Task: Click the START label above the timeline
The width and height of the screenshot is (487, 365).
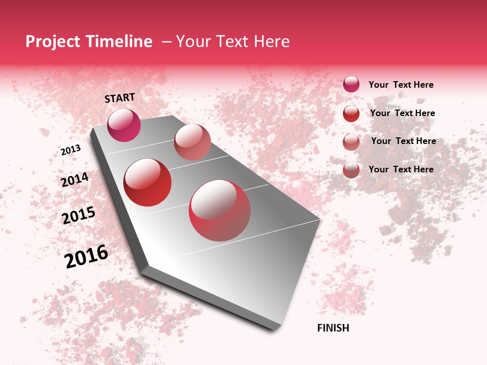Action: click(120, 98)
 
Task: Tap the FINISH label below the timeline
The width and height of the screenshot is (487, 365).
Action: click(333, 328)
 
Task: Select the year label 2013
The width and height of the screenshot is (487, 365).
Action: click(71, 150)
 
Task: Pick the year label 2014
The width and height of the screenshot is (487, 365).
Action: click(75, 179)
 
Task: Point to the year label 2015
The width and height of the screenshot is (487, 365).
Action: click(79, 215)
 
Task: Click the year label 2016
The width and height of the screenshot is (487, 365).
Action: click(86, 256)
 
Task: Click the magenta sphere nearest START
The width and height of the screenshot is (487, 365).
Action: click(124, 125)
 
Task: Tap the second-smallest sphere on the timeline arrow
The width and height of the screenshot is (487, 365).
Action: click(192, 142)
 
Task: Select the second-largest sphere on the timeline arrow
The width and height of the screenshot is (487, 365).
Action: click(148, 182)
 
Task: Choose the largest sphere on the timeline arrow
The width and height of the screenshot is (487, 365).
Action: click(220, 210)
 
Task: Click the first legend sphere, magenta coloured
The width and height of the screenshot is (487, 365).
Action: click(351, 84)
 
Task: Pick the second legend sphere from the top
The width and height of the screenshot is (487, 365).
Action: click(351, 114)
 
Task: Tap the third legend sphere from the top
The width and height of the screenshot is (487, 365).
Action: click(351, 142)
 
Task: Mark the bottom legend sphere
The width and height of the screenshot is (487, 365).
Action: click(351, 170)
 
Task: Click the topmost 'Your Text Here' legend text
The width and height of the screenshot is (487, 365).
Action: click(401, 85)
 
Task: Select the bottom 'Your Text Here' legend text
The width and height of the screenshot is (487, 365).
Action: click(401, 169)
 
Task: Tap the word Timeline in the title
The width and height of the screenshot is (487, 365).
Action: click(119, 42)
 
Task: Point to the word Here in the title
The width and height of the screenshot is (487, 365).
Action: click(271, 42)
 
